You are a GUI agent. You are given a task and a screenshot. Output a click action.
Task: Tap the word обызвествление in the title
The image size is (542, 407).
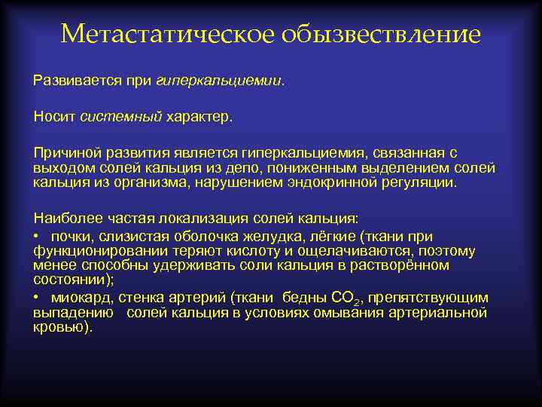click(381, 35)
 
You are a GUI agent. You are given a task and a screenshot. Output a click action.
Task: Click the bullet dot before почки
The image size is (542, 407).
click(37, 237)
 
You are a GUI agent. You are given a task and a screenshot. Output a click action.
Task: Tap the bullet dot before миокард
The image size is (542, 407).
click(37, 298)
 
